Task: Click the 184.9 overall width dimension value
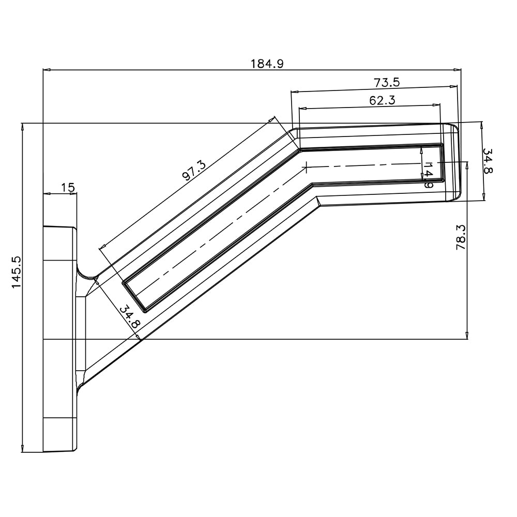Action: pyautogui.click(x=267, y=64)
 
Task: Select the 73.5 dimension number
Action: pyautogui.click(x=387, y=82)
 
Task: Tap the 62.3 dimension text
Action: pyautogui.click(x=382, y=101)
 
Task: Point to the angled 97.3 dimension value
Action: pyautogui.click(x=194, y=171)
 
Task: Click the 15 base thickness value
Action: pyautogui.click(x=67, y=187)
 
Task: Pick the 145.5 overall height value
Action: pyautogui.click(x=17, y=272)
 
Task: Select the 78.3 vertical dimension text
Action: pyautogui.click(x=461, y=237)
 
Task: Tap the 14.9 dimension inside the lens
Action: pyautogui.click(x=428, y=174)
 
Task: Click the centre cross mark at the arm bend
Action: pyautogui.click(x=307, y=167)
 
